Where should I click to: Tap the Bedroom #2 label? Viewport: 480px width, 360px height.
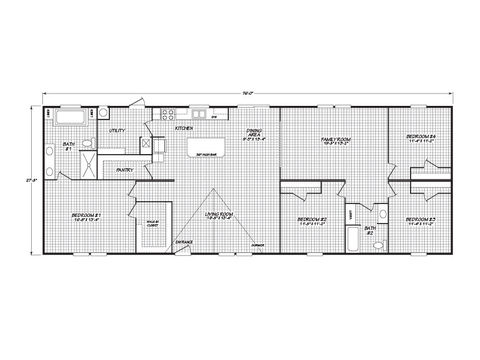pos(314,219)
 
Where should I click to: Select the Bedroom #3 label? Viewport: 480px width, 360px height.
pos(420,219)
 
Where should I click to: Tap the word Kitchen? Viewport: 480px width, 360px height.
pos(185,129)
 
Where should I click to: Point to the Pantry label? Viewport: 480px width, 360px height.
pos(126,170)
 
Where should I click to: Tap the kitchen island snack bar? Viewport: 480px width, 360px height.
pos(210,151)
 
